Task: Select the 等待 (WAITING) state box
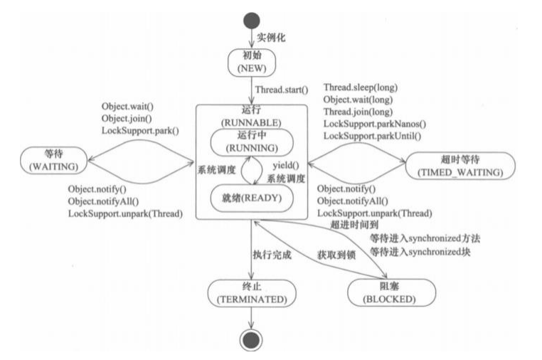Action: click(x=51, y=159)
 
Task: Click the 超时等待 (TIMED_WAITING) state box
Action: click(x=454, y=165)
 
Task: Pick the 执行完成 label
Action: click(x=272, y=255)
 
